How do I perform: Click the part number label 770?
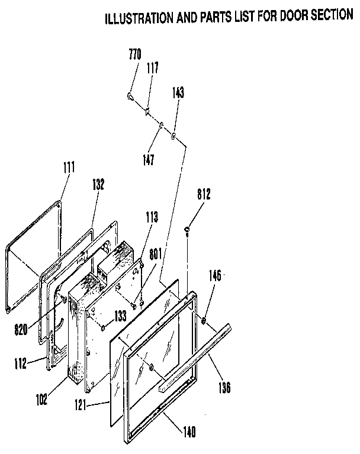[x=134, y=55]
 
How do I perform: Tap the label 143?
[x=178, y=92]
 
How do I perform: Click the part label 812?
[x=204, y=194]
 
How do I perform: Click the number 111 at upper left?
[x=69, y=168]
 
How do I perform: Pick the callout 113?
[x=152, y=217]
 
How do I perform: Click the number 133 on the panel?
[x=120, y=317]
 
